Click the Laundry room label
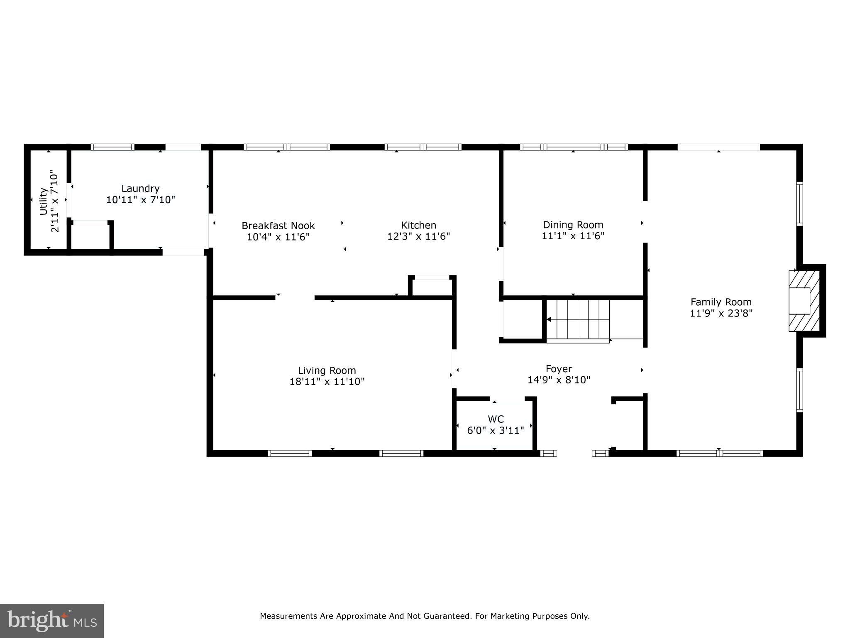[140, 188]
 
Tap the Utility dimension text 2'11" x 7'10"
[55, 201]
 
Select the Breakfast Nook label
[278, 226]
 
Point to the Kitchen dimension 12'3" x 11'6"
[418, 236]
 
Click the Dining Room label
[573, 225]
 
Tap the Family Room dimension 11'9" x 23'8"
[721, 313]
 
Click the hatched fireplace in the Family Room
[804, 301]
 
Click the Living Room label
[327, 370]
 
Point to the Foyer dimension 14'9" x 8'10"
[559, 380]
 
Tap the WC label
[496, 419]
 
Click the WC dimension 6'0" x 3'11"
[496, 430]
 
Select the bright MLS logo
[52, 621]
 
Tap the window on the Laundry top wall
[112, 147]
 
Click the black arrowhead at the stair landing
[549, 319]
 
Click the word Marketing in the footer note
[511, 616]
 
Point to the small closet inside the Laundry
[90, 237]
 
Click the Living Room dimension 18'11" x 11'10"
[327, 381]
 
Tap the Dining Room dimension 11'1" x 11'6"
[573, 236]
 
